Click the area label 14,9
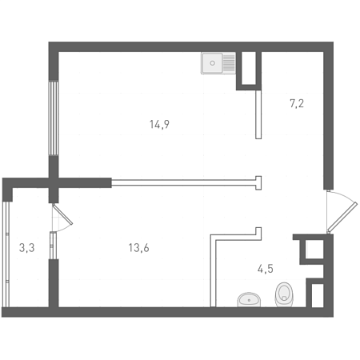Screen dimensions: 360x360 [x=159, y=125]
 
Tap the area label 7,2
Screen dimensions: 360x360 [x=297, y=103]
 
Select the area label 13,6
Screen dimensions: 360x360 [x=138, y=248]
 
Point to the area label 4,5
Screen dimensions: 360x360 [x=266, y=269]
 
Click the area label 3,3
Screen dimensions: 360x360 [x=26, y=248]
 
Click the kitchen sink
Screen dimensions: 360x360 [x=218, y=63]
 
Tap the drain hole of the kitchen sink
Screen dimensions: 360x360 [x=212, y=63]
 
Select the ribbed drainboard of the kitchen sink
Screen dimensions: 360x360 [x=229, y=63]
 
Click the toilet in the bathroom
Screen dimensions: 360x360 [x=284, y=294]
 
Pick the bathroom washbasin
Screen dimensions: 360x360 [x=249, y=299]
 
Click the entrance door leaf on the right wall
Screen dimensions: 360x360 [x=342, y=217]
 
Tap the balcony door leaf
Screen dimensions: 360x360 [x=62, y=214]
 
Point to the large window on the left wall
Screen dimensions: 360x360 [x=54, y=118]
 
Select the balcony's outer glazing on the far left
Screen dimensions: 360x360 [x=7, y=254]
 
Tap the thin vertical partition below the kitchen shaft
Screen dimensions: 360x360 [x=258, y=114]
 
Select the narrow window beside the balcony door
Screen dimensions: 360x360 [x=54, y=246]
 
